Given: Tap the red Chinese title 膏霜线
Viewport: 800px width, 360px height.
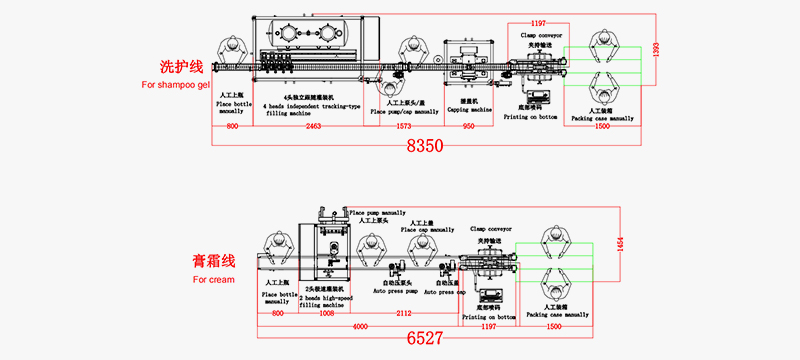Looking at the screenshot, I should (x=215, y=261).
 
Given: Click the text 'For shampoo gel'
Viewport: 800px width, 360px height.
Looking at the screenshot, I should (x=176, y=86).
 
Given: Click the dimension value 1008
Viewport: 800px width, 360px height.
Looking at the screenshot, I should (x=327, y=314).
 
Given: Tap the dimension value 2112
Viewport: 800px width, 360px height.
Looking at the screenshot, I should (x=404, y=314).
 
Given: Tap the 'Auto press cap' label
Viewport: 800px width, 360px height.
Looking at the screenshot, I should (x=446, y=292).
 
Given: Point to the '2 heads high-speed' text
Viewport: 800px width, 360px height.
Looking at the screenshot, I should (x=328, y=296).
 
